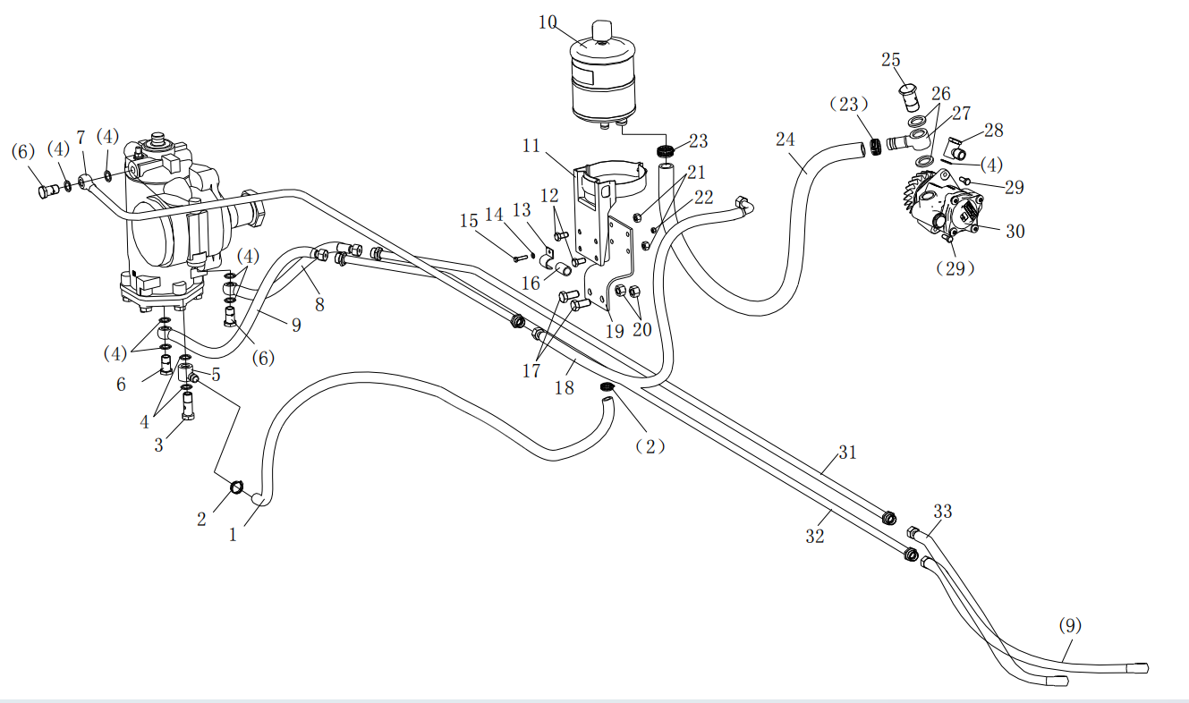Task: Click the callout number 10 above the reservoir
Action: pyautogui.click(x=548, y=22)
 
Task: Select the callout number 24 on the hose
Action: pyautogui.click(x=786, y=140)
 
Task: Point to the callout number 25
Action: pyautogui.click(x=890, y=60)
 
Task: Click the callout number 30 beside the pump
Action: pyautogui.click(x=1015, y=231)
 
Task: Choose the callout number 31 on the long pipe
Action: pyautogui.click(x=847, y=453)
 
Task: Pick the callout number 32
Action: pyautogui.click(x=814, y=537)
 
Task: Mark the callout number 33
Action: pyautogui.click(x=943, y=512)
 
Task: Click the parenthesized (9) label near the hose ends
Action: pyautogui.click(x=1069, y=625)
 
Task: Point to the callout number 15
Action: pyautogui.click(x=469, y=221)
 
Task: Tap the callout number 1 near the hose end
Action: pyautogui.click(x=234, y=535)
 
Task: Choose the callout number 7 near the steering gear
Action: pyautogui.click(x=81, y=137)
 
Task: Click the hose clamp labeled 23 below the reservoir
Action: pyautogui.click(x=664, y=149)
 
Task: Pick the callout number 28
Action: pyautogui.click(x=993, y=131)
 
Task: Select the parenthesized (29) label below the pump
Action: pyautogui.click(x=954, y=268)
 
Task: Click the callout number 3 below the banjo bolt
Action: pyautogui.click(x=159, y=445)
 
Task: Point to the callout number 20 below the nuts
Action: pyautogui.click(x=642, y=329)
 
